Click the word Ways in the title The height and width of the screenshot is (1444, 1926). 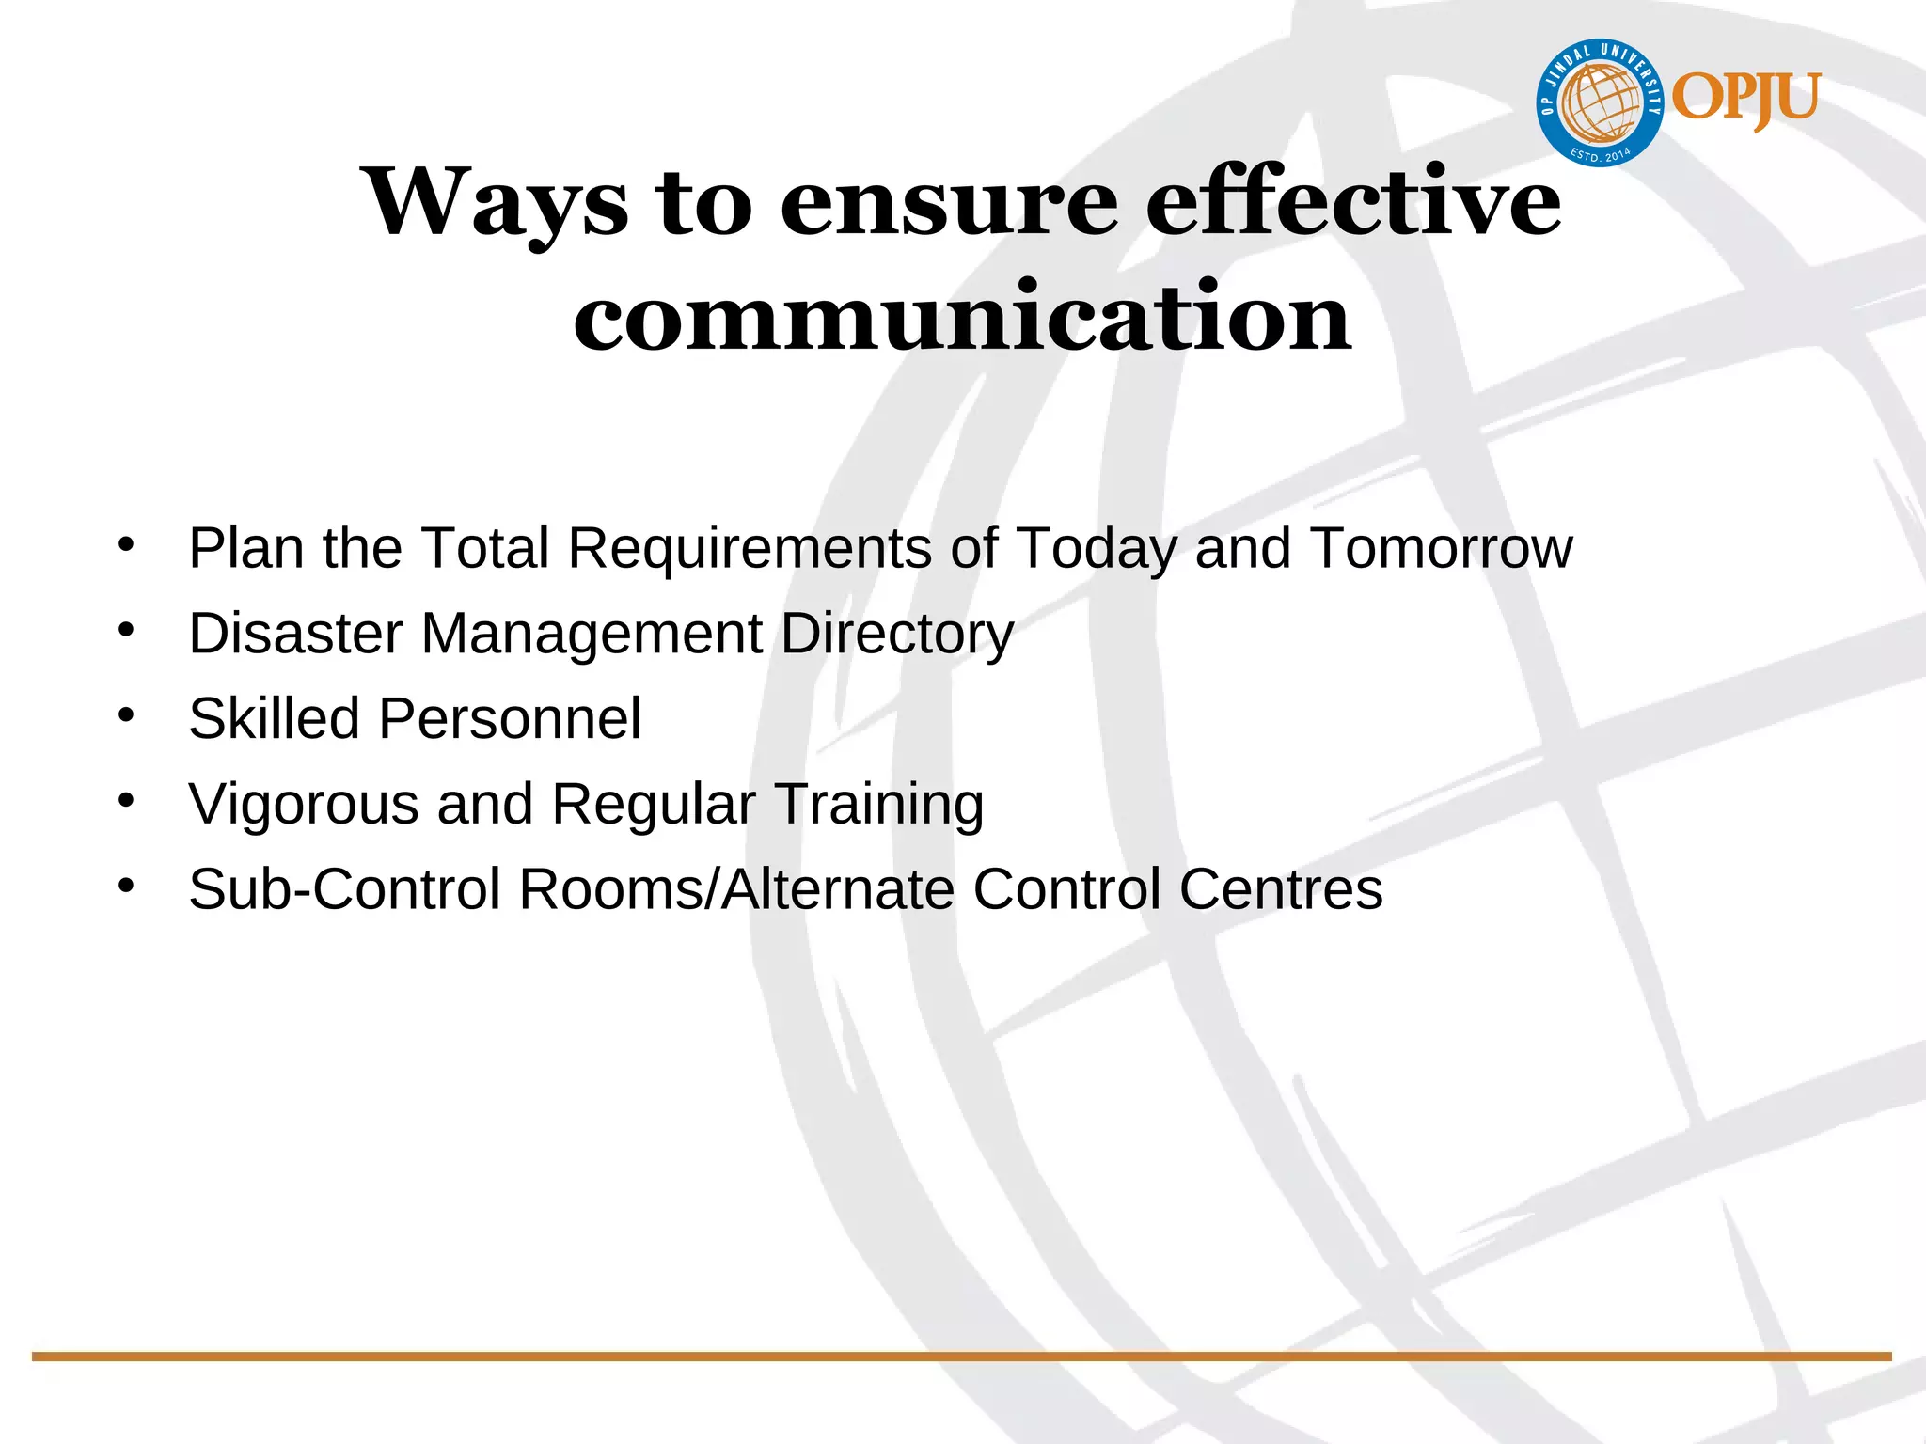(x=496, y=201)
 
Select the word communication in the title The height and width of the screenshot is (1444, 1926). (x=962, y=317)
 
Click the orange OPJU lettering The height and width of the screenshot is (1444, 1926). (x=1745, y=99)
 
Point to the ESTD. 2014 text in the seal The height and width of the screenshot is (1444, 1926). (x=1600, y=153)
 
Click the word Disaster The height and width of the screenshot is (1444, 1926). (x=295, y=633)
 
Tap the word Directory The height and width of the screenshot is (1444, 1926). (x=896, y=633)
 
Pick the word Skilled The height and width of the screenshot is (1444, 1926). (x=274, y=718)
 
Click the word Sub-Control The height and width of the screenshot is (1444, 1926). (x=344, y=888)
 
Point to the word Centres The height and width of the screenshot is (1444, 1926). (x=1280, y=888)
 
